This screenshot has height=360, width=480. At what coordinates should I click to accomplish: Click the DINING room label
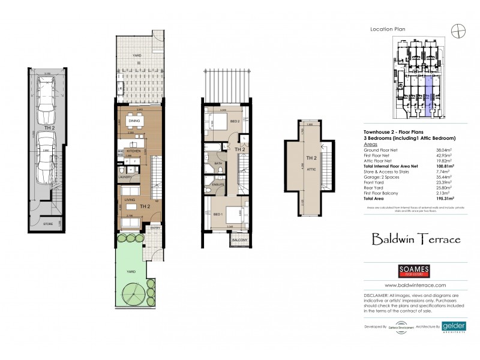pyautogui.click(x=134, y=121)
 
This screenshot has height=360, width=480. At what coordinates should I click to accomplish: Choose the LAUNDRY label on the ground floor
pyautogui.click(x=125, y=177)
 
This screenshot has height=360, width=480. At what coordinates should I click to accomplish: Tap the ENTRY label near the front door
pyautogui.click(x=155, y=228)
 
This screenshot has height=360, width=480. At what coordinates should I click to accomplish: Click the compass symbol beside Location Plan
pyautogui.click(x=460, y=29)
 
